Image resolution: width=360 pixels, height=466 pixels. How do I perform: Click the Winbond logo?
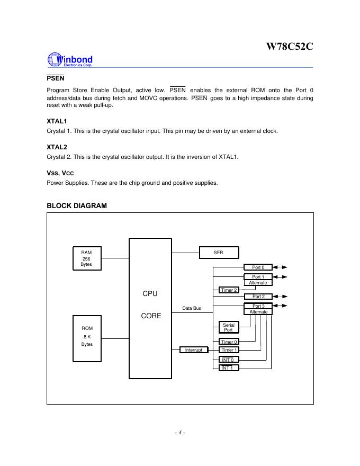pos(70,59)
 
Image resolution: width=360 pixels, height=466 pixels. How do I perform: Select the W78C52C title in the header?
pos(289,46)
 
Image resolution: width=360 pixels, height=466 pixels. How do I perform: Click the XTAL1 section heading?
pos(57,121)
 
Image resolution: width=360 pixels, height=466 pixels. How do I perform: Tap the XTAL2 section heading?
pos(57,147)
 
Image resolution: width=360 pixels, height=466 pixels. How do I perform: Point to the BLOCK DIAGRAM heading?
pos(77,205)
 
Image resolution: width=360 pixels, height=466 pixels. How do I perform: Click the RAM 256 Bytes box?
pos(86,258)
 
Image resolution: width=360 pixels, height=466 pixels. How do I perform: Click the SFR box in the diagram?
pos(218,253)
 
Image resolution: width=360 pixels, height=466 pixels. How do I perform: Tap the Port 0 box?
pos(258,267)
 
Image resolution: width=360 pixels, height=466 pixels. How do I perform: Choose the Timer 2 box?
pos(229,290)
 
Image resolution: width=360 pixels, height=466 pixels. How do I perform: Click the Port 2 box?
pos(258,297)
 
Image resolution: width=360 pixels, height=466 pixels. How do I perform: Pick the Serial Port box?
pos(228,327)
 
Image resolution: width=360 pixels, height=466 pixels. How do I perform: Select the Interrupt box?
pos(194,350)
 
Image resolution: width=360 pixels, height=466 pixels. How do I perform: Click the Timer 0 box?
pos(229,342)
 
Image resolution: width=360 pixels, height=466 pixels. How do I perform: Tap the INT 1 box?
pos(229,368)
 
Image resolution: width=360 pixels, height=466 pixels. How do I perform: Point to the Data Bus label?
pos(191,308)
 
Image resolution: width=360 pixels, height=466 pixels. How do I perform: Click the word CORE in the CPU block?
pos(151,316)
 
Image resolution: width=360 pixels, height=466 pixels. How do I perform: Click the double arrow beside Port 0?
pos(281,267)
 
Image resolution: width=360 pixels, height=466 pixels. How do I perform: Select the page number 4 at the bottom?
pos(180,433)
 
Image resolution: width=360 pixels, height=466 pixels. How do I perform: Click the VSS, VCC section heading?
pos(59,172)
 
